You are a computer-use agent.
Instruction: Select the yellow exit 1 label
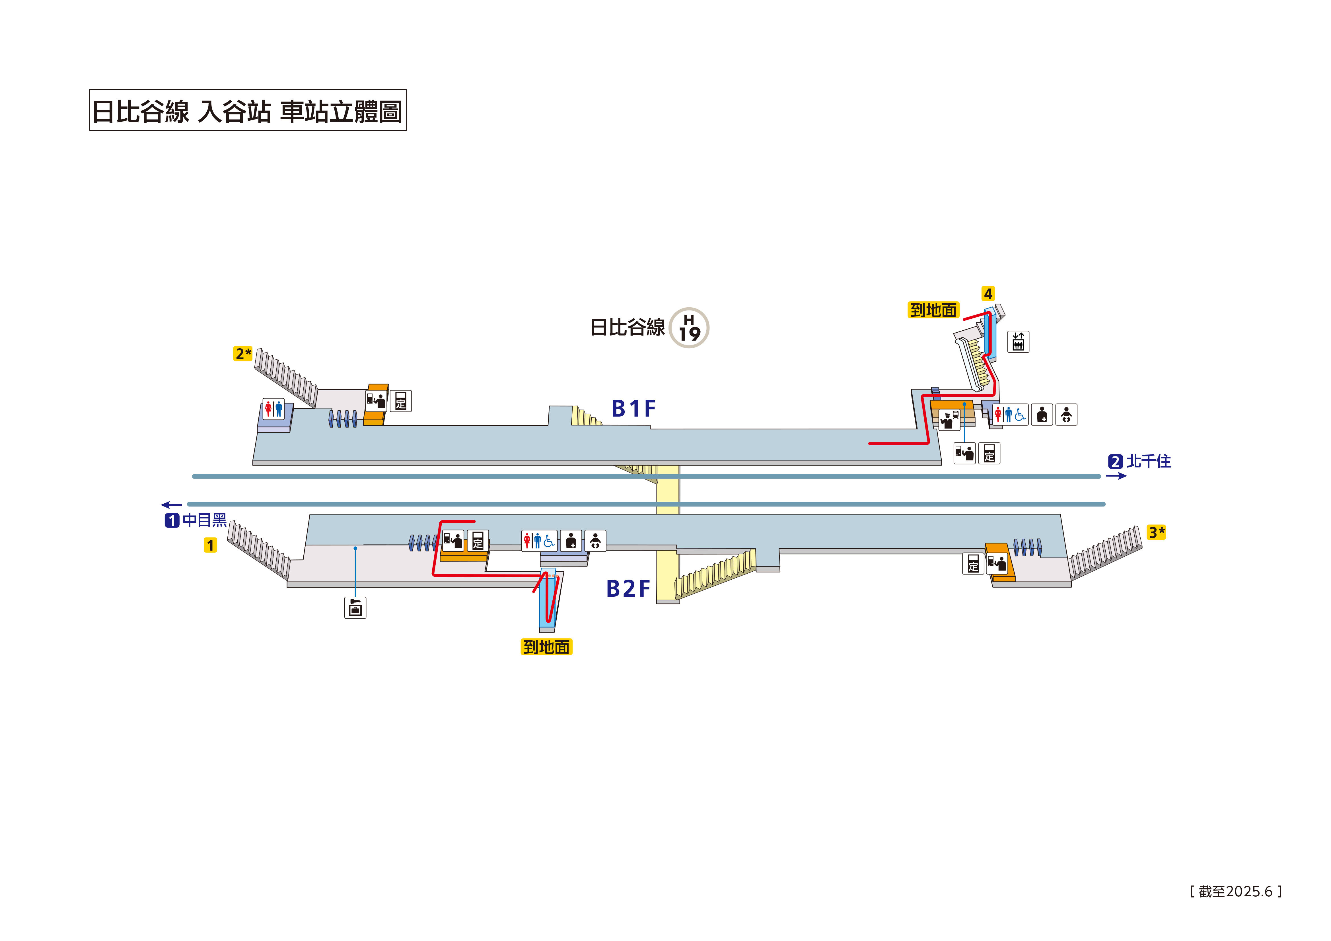pyautogui.click(x=210, y=545)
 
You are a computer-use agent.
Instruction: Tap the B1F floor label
pyautogui.click(x=633, y=409)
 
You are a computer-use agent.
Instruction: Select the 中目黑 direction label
pyautogui.click(x=204, y=520)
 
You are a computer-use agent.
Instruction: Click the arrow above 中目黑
pyautogui.click(x=172, y=505)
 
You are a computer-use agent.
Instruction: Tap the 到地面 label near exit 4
pyautogui.click(x=933, y=310)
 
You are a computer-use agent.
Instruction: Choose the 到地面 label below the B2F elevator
pyautogui.click(x=546, y=647)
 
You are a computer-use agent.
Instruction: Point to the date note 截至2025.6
pyautogui.click(x=1235, y=891)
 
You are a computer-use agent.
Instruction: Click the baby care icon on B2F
pyautogui.click(x=595, y=541)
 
